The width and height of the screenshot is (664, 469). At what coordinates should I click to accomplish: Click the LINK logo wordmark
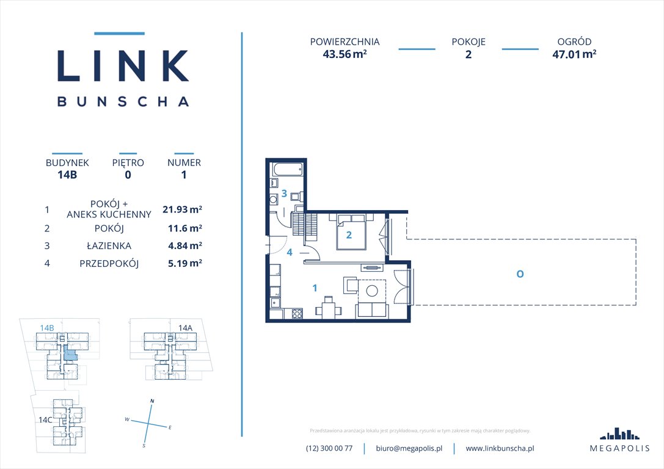click(122, 65)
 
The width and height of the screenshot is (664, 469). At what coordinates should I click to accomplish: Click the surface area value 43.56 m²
click(345, 53)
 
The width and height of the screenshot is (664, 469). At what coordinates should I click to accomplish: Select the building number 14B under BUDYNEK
click(67, 175)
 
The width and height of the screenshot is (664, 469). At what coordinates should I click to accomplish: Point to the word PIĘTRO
click(128, 163)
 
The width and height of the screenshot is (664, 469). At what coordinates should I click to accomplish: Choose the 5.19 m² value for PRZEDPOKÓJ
click(182, 264)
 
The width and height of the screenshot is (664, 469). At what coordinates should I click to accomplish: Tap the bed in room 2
click(349, 231)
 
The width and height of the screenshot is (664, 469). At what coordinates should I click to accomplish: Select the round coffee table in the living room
click(372, 292)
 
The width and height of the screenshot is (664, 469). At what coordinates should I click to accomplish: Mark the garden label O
click(519, 274)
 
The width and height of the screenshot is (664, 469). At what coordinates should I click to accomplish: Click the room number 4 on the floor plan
click(290, 252)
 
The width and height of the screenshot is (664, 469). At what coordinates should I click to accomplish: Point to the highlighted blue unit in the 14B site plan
click(71, 353)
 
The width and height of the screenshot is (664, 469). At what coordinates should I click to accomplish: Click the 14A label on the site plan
click(185, 328)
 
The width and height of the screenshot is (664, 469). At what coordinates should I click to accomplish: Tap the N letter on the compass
click(152, 401)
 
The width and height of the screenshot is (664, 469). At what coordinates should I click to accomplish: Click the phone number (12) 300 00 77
click(329, 448)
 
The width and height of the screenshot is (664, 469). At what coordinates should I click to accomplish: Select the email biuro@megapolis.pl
click(409, 448)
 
